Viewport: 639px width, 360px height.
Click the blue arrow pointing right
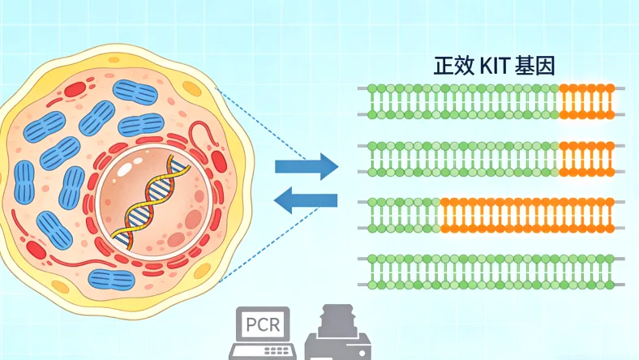(306, 166)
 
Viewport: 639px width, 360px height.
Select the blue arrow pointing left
(306, 200)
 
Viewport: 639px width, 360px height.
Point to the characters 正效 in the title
(456, 66)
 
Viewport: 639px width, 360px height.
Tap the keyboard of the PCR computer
(259, 351)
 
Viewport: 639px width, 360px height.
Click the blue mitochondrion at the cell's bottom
(111, 281)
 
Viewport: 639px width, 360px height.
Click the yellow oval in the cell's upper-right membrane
(192, 88)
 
